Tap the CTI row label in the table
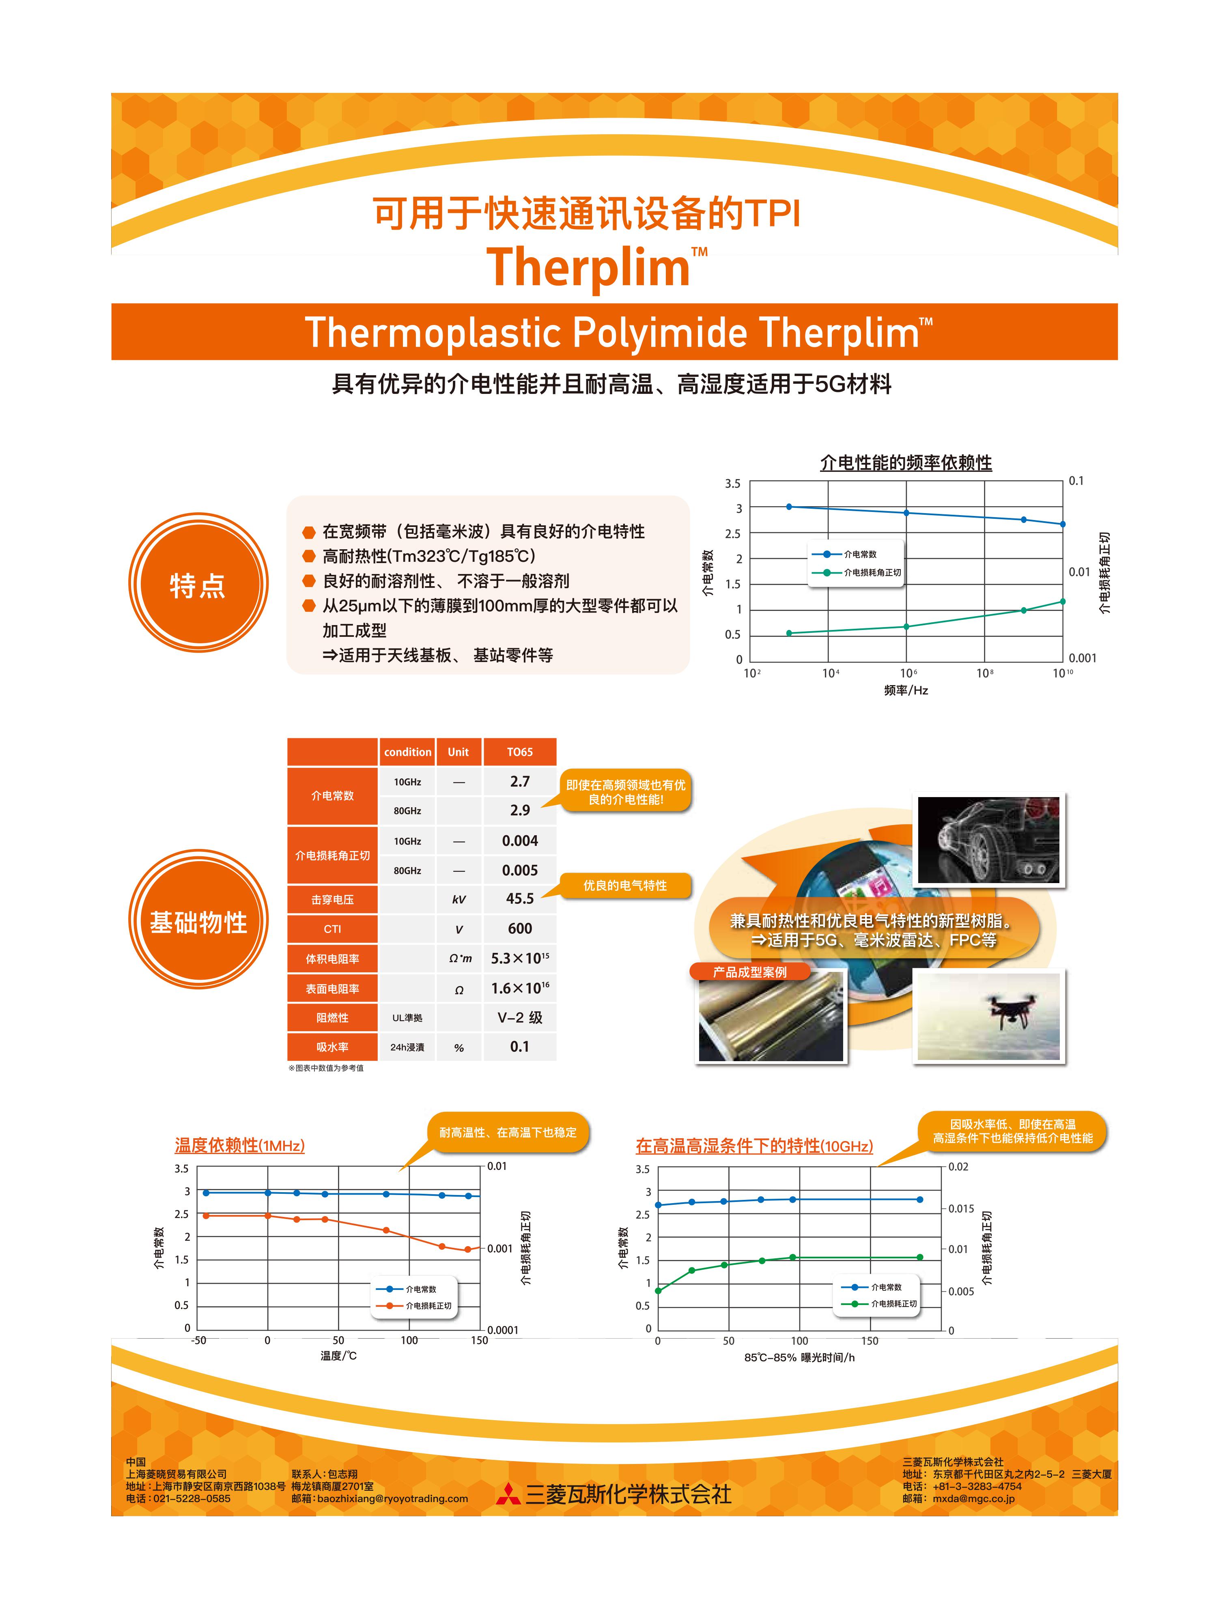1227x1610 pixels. (x=332, y=929)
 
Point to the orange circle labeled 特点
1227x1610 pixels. (x=198, y=583)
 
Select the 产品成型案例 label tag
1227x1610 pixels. (x=750, y=972)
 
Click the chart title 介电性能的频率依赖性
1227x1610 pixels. (x=906, y=462)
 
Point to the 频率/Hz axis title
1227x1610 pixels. (x=906, y=690)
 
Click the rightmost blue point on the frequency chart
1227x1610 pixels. (x=1063, y=524)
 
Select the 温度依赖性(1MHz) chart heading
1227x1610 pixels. (x=239, y=1145)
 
